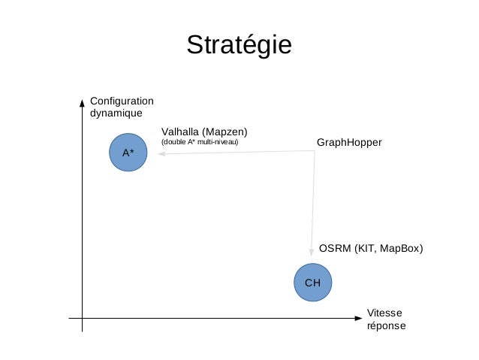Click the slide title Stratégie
coord(239,45)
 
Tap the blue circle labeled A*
coord(128,153)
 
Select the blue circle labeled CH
coord(312,282)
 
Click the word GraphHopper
coord(349,142)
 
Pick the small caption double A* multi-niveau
coord(200,142)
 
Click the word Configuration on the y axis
coord(121,101)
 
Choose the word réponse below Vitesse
coord(386,326)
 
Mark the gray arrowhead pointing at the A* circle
coord(160,153)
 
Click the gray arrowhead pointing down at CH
coord(312,253)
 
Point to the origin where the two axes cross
coord(82,318)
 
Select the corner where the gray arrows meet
coord(315,152)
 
